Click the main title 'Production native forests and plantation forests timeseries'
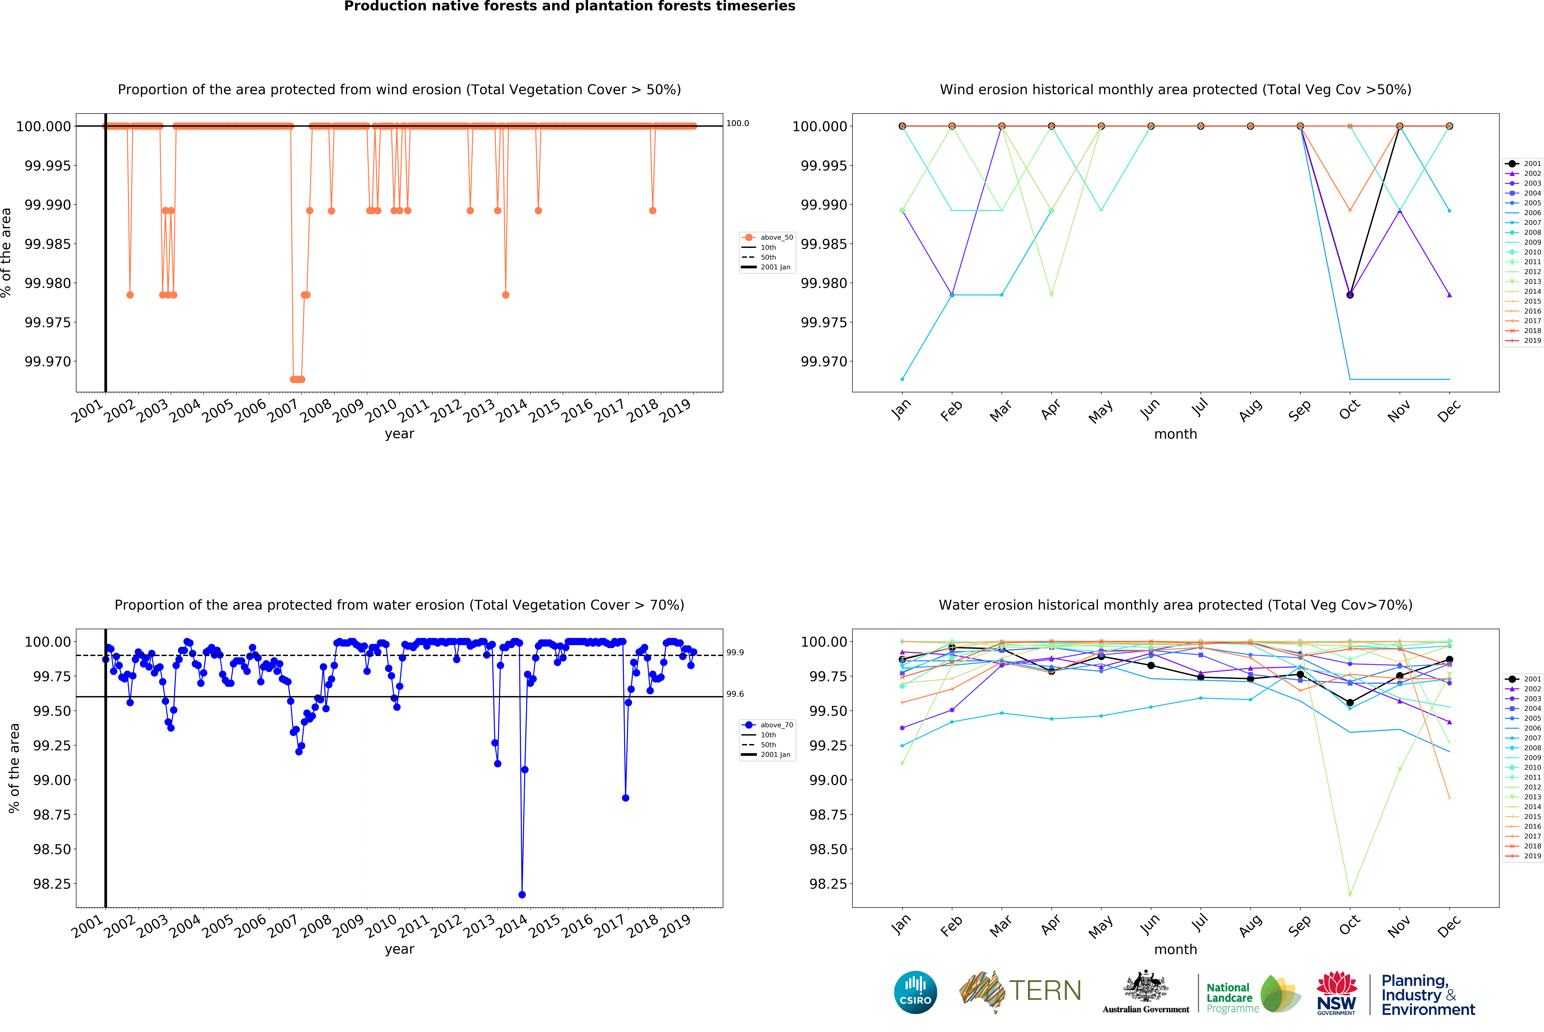570,7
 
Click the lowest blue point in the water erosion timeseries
522,894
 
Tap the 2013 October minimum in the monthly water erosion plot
1350,894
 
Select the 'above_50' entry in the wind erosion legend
776,238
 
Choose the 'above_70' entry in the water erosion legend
776,725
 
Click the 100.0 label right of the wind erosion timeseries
738,123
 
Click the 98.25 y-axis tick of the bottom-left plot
51,884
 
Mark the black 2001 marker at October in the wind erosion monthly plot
1350,295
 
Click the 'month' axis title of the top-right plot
1175,434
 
